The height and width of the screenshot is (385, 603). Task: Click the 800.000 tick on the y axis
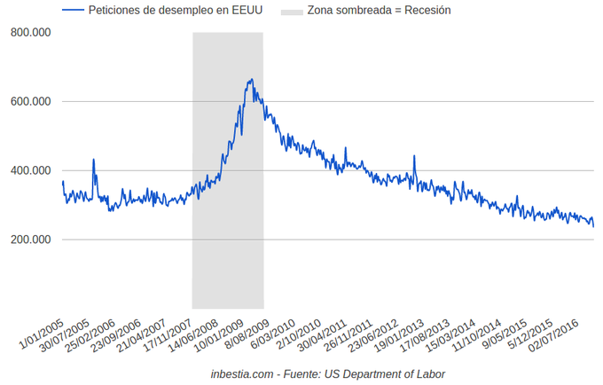(x=30, y=32)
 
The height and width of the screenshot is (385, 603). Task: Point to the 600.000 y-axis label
(x=30, y=101)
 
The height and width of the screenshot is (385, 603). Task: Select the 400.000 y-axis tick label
(x=30, y=170)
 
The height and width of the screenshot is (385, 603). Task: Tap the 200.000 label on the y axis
(x=30, y=240)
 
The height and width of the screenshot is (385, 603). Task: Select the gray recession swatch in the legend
(x=291, y=11)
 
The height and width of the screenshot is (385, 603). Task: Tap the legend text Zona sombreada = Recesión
(x=379, y=11)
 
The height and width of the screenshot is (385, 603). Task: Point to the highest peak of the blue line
(x=252, y=79)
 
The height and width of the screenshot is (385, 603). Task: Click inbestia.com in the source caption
(x=243, y=373)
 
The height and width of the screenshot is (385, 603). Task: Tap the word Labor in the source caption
(x=429, y=373)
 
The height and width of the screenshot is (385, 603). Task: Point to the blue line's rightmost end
(x=593, y=225)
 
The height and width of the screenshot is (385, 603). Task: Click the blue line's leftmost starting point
(x=62, y=181)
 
